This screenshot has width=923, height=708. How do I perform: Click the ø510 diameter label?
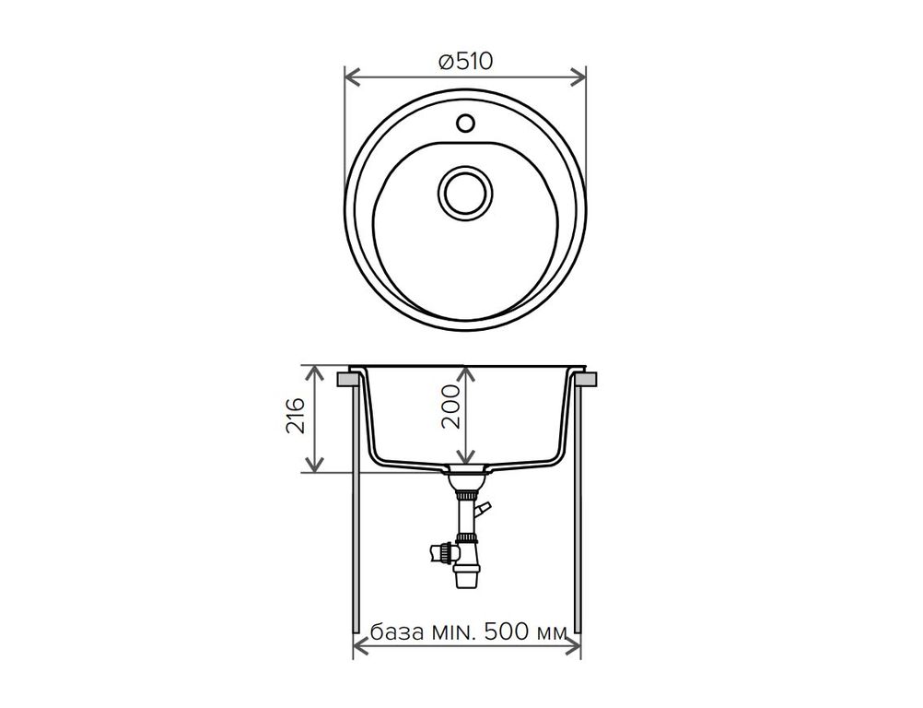coord(465,61)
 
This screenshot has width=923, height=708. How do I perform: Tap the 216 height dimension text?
coord(296,416)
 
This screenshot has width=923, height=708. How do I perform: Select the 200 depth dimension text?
coord(450,407)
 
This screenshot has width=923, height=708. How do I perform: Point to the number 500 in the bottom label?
coord(505,632)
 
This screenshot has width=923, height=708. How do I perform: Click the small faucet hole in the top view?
coord(465,124)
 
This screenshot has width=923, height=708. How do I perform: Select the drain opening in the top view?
coord(465,193)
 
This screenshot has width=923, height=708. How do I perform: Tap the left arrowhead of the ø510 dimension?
coord(353,77)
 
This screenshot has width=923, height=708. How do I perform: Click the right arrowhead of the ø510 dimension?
coord(578,77)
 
